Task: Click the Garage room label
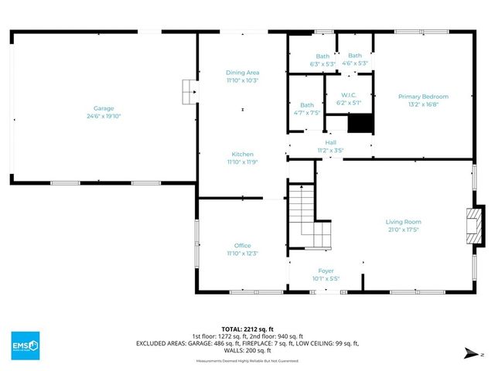click(104, 108)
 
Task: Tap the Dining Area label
click(242, 73)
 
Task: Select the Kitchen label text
click(242, 155)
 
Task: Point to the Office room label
click(242, 246)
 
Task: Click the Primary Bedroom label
click(423, 97)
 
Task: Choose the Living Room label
click(404, 222)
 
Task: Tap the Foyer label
click(326, 271)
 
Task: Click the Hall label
click(330, 143)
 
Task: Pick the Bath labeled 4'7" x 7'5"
click(307, 105)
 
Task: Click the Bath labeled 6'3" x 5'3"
click(323, 56)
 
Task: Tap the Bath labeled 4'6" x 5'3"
click(354, 56)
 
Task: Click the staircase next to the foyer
click(306, 216)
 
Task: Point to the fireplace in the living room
click(471, 223)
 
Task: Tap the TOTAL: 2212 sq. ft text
click(247, 328)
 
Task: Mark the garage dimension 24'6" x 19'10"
click(104, 116)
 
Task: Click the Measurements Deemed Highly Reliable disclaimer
click(247, 362)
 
